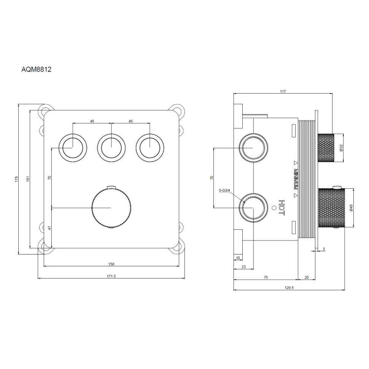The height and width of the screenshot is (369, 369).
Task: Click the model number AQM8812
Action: point(36,69)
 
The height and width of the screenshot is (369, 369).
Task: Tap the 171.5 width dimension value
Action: point(111,276)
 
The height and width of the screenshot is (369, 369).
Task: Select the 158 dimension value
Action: point(111,264)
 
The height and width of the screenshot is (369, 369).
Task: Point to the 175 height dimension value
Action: point(16,179)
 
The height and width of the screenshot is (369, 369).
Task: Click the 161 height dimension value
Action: point(28,179)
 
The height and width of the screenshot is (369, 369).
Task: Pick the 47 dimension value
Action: point(49,228)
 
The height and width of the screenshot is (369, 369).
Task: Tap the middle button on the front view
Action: point(111,148)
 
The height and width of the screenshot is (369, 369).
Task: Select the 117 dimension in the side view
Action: point(283,91)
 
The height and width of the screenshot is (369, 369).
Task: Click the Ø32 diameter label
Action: point(341,148)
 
